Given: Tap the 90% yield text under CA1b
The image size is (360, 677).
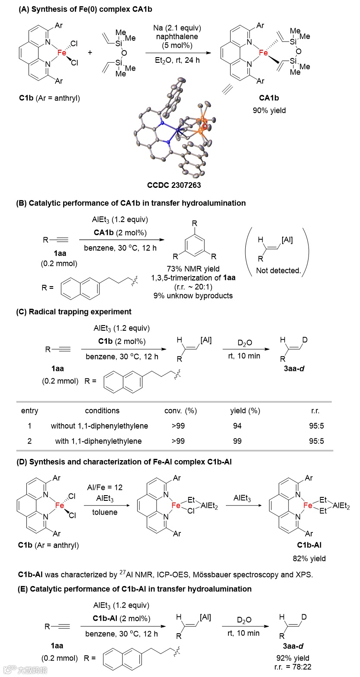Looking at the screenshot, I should tap(269, 110).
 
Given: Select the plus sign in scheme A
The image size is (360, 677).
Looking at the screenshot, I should tap(90, 52).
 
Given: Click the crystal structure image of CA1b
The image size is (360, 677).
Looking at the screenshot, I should tap(173, 130).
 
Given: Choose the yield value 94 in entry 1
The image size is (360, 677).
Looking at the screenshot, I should tap(237, 426).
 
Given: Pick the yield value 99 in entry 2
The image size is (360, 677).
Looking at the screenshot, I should tap(237, 441).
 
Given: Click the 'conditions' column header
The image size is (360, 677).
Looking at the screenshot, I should tap(102, 410).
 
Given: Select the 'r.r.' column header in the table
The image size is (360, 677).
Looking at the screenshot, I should tap(314, 410).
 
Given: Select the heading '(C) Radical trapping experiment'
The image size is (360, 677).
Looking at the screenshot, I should tap(74, 312).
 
